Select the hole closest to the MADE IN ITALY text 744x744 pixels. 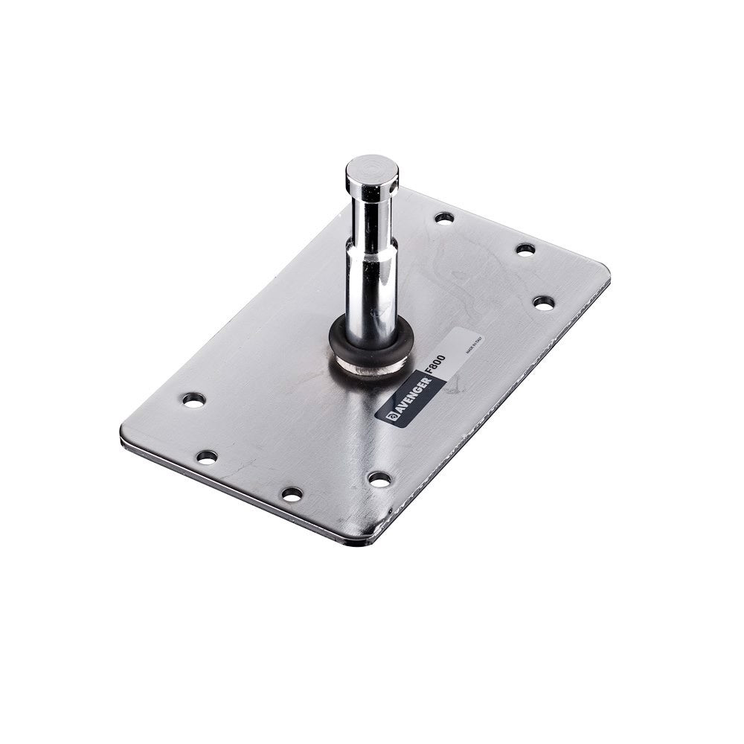(x=544, y=303)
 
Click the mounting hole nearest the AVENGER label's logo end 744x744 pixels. (x=379, y=479)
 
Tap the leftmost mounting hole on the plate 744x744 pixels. (x=193, y=400)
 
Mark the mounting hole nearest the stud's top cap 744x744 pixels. (x=444, y=218)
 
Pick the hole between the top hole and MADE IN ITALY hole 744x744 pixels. (x=525, y=249)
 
